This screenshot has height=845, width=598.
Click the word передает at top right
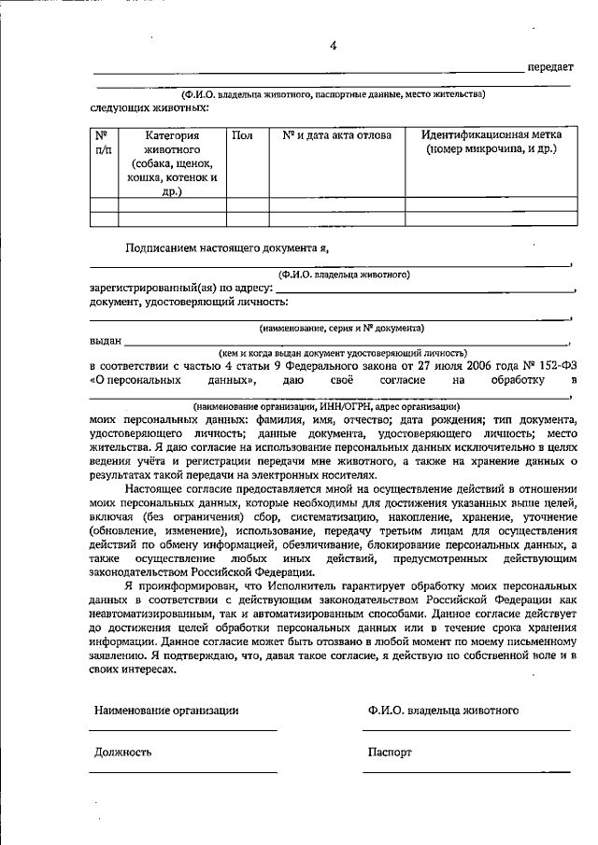pyautogui.click(x=551, y=67)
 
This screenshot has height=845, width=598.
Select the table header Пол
pyautogui.click(x=242, y=135)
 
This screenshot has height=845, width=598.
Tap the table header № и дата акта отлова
pyautogui.click(x=336, y=135)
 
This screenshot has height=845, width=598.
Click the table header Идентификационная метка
pyautogui.click(x=490, y=135)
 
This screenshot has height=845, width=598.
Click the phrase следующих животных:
pyautogui.click(x=149, y=107)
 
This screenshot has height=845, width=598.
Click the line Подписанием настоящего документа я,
pyautogui.click(x=227, y=248)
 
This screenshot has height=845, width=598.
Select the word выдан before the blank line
pyautogui.click(x=105, y=342)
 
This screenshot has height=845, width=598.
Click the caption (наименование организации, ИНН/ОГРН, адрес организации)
pyautogui.click(x=326, y=407)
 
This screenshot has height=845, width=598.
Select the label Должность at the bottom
pyautogui.click(x=122, y=752)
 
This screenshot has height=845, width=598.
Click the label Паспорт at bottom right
pyautogui.click(x=390, y=752)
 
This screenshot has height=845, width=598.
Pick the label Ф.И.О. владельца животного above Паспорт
pyautogui.click(x=443, y=711)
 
